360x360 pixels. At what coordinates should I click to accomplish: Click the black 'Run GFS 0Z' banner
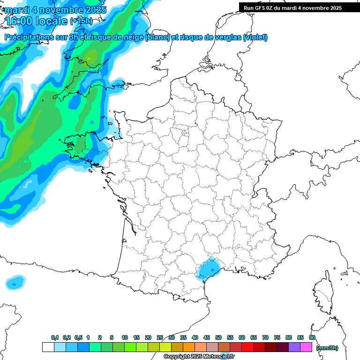(292, 7)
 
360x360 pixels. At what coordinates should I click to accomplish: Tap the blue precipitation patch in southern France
(208, 270)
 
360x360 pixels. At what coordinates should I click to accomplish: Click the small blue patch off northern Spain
(15, 282)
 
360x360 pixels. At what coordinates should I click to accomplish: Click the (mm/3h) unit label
(327, 347)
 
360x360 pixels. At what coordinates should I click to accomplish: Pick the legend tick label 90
(312, 337)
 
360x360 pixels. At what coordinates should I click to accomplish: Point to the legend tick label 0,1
(55, 337)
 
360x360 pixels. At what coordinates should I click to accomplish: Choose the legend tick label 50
(218, 337)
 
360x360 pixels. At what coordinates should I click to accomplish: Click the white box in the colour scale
(48, 347)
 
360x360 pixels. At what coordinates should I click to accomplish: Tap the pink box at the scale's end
(306, 347)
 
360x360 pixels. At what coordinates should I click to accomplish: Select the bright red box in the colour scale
(247, 347)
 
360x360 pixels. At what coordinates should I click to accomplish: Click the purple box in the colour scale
(294, 347)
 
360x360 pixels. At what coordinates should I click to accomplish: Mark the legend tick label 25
(160, 337)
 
